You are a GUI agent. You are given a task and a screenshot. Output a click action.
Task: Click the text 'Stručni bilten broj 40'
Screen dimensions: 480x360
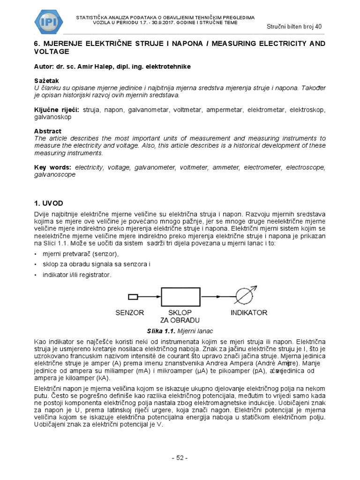(294, 26)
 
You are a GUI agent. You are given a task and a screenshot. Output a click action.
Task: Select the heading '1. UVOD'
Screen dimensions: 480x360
(49, 203)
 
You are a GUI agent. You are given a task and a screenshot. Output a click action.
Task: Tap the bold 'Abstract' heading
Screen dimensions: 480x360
(48, 131)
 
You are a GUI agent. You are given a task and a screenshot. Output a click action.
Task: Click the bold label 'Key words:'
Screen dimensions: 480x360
(53, 167)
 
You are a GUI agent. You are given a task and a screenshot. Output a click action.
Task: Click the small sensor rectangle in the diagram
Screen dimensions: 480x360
(133, 296)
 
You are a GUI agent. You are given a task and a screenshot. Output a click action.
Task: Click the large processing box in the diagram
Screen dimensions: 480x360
(180, 296)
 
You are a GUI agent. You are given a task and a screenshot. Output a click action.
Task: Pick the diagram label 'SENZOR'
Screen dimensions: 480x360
(130, 313)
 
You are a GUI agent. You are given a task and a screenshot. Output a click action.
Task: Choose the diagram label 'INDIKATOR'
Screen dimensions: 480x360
(249, 313)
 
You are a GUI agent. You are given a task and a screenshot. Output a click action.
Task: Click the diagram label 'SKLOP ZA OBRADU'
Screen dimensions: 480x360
(180, 316)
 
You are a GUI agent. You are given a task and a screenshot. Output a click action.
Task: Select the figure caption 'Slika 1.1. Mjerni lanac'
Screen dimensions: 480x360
(180, 331)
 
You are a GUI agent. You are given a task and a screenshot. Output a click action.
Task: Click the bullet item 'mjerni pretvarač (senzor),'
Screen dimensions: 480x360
(81, 254)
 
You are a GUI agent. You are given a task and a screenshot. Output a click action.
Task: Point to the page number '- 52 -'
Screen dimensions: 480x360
(180, 458)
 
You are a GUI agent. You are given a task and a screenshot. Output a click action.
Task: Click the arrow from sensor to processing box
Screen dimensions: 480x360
(150, 296)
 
